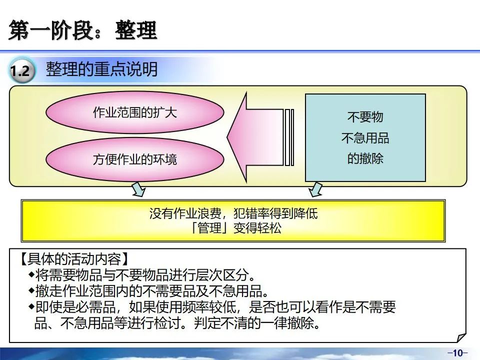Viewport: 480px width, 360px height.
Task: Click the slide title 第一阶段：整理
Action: (x=83, y=31)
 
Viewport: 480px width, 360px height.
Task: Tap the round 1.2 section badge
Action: (x=21, y=71)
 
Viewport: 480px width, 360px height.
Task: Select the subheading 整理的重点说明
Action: (x=101, y=69)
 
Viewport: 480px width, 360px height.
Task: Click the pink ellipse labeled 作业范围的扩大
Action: (x=135, y=112)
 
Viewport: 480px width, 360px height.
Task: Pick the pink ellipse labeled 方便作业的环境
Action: (x=135, y=159)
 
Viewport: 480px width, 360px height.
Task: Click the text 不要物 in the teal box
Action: (x=365, y=117)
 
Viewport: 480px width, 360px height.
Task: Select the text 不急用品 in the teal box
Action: (x=365, y=138)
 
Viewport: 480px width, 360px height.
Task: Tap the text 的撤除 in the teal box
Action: (x=365, y=159)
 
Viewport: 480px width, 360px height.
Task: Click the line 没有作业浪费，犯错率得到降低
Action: (x=233, y=214)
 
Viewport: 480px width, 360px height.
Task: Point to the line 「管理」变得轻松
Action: (x=233, y=228)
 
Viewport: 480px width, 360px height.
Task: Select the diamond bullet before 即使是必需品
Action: (x=31, y=306)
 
